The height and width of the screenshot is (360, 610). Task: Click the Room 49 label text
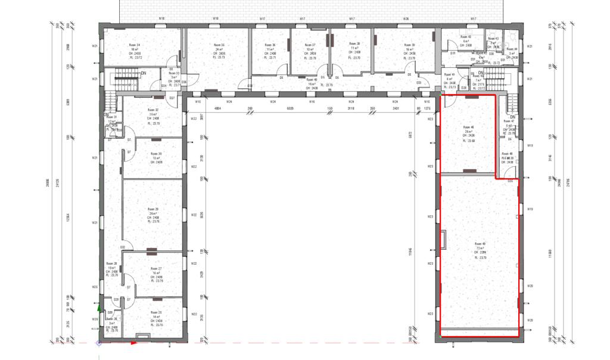click(x=480, y=244)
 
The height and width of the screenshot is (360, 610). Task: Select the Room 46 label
click(x=468, y=128)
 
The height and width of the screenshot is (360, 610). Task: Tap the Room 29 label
click(x=153, y=210)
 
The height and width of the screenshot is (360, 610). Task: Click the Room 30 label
click(x=156, y=154)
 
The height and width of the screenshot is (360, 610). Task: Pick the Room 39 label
click(x=409, y=45)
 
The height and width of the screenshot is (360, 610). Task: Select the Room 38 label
click(x=354, y=44)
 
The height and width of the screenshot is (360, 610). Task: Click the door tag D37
click(x=172, y=98)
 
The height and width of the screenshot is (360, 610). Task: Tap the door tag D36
click(x=184, y=82)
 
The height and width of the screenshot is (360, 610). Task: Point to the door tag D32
click(x=123, y=247)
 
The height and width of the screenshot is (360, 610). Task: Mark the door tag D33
click(x=419, y=82)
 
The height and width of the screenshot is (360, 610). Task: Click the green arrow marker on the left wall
click(x=99, y=309)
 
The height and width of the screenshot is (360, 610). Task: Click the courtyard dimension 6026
click(x=290, y=108)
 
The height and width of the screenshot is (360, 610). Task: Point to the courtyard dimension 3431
click(x=395, y=108)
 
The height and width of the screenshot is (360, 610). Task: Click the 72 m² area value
click(x=480, y=248)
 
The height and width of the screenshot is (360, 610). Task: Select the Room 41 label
click(x=450, y=75)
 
